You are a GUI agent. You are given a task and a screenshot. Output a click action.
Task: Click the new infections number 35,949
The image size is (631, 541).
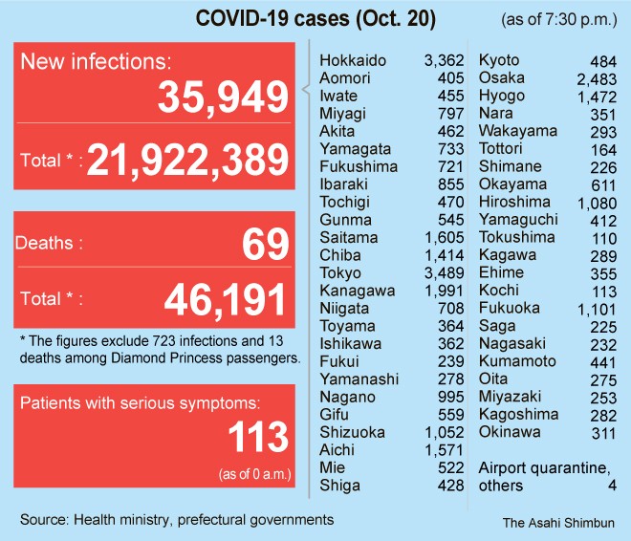click(x=224, y=97)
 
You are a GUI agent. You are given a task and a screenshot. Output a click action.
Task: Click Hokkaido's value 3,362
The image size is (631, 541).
click(x=444, y=60)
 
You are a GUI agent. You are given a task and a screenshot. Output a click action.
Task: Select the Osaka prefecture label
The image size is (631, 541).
click(x=500, y=77)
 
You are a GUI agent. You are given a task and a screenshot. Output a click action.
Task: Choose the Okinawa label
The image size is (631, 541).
click(x=510, y=431)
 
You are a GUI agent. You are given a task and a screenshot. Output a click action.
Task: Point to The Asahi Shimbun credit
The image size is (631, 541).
click(x=558, y=523)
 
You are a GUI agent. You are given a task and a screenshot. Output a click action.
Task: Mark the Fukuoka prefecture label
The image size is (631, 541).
click(x=509, y=308)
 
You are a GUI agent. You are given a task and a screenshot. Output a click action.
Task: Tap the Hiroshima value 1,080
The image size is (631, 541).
click(x=598, y=203)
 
